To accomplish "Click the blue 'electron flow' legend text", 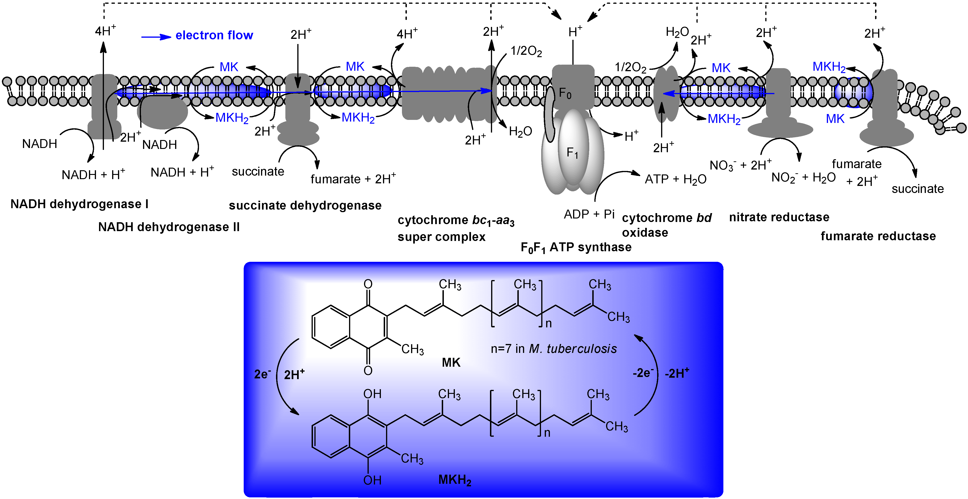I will pyautogui.click(x=214, y=35).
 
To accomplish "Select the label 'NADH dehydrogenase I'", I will pyautogui.click(x=79, y=204).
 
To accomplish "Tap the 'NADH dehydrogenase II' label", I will pyautogui.click(x=169, y=227).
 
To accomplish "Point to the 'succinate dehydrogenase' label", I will pyautogui.click(x=305, y=206).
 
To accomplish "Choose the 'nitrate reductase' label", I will pyautogui.click(x=779, y=217).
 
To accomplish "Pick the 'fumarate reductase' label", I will pyautogui.click(x=878, y=236).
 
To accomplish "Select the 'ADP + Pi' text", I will pyautogui.click(x=589, y=214).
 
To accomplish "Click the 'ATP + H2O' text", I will pyautogui.click(x=675, y=179).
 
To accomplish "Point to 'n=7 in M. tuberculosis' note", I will pyautogui.click(x=553, y=349).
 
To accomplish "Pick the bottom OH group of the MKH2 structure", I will pyautogui.click(x=372, y=480).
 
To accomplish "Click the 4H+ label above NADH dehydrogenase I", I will pyautogui.click(x=105, y=31).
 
